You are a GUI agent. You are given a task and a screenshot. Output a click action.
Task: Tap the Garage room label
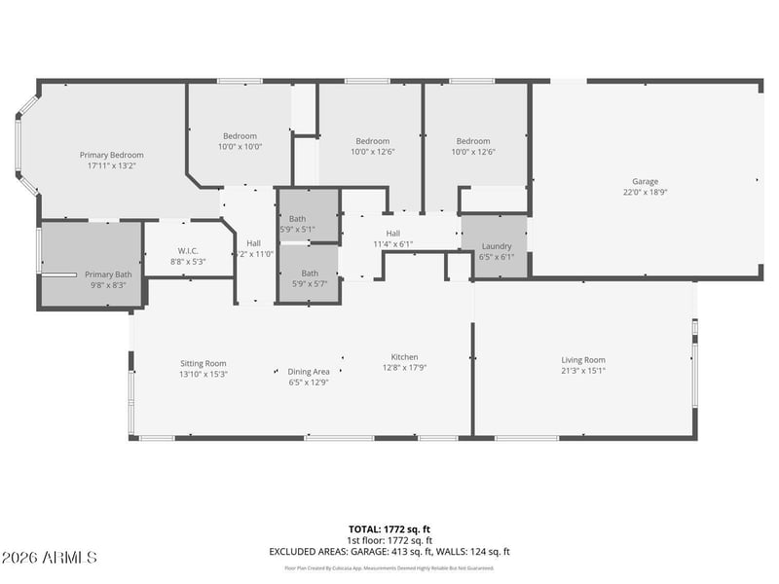point(645,181)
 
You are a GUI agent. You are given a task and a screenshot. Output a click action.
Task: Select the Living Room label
point(582,360)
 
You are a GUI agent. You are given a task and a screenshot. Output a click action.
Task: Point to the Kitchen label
point(404,356)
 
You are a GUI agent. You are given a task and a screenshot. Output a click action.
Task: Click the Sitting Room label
point(203,363)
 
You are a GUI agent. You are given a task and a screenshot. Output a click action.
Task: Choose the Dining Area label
point(308,372)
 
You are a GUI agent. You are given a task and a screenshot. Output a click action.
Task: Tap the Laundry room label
point(496,246)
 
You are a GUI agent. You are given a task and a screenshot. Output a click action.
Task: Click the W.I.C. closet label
point(188,250)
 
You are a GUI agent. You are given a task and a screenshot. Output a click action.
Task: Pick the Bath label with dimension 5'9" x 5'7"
point(309,273)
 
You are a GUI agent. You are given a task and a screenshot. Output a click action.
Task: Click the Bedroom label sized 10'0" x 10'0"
point(240,135)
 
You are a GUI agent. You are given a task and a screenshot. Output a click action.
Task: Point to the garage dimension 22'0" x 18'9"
point(645,193)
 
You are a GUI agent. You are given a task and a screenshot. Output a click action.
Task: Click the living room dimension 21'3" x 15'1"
point(582,371)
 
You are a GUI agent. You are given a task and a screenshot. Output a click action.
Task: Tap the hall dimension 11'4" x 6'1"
point(392,244)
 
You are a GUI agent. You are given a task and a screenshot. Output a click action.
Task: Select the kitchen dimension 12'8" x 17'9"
point(404,367)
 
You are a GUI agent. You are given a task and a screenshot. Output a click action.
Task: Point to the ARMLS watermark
point(49,558)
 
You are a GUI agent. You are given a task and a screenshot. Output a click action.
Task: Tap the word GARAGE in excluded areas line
point(365,552)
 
